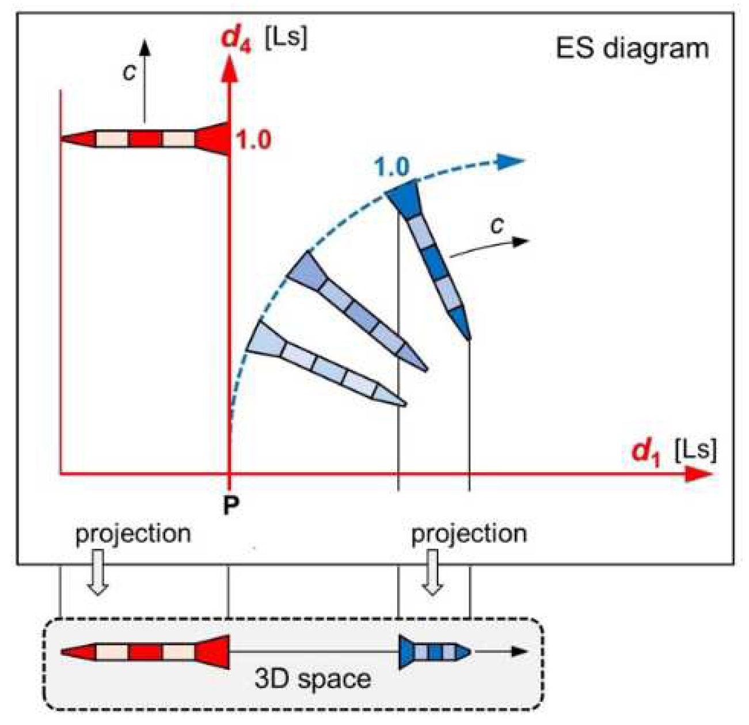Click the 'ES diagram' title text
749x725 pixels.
[x=632, y=48]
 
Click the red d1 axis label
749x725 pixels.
[x=645, y=451]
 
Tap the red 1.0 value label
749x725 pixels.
[x=253, y=140]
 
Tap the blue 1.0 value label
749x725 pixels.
[x=391, y=168]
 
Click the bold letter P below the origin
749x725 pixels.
[x=231, y=505]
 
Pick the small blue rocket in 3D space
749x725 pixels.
[x=435, y=652]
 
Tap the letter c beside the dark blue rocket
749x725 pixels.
[x=497, y=225]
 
